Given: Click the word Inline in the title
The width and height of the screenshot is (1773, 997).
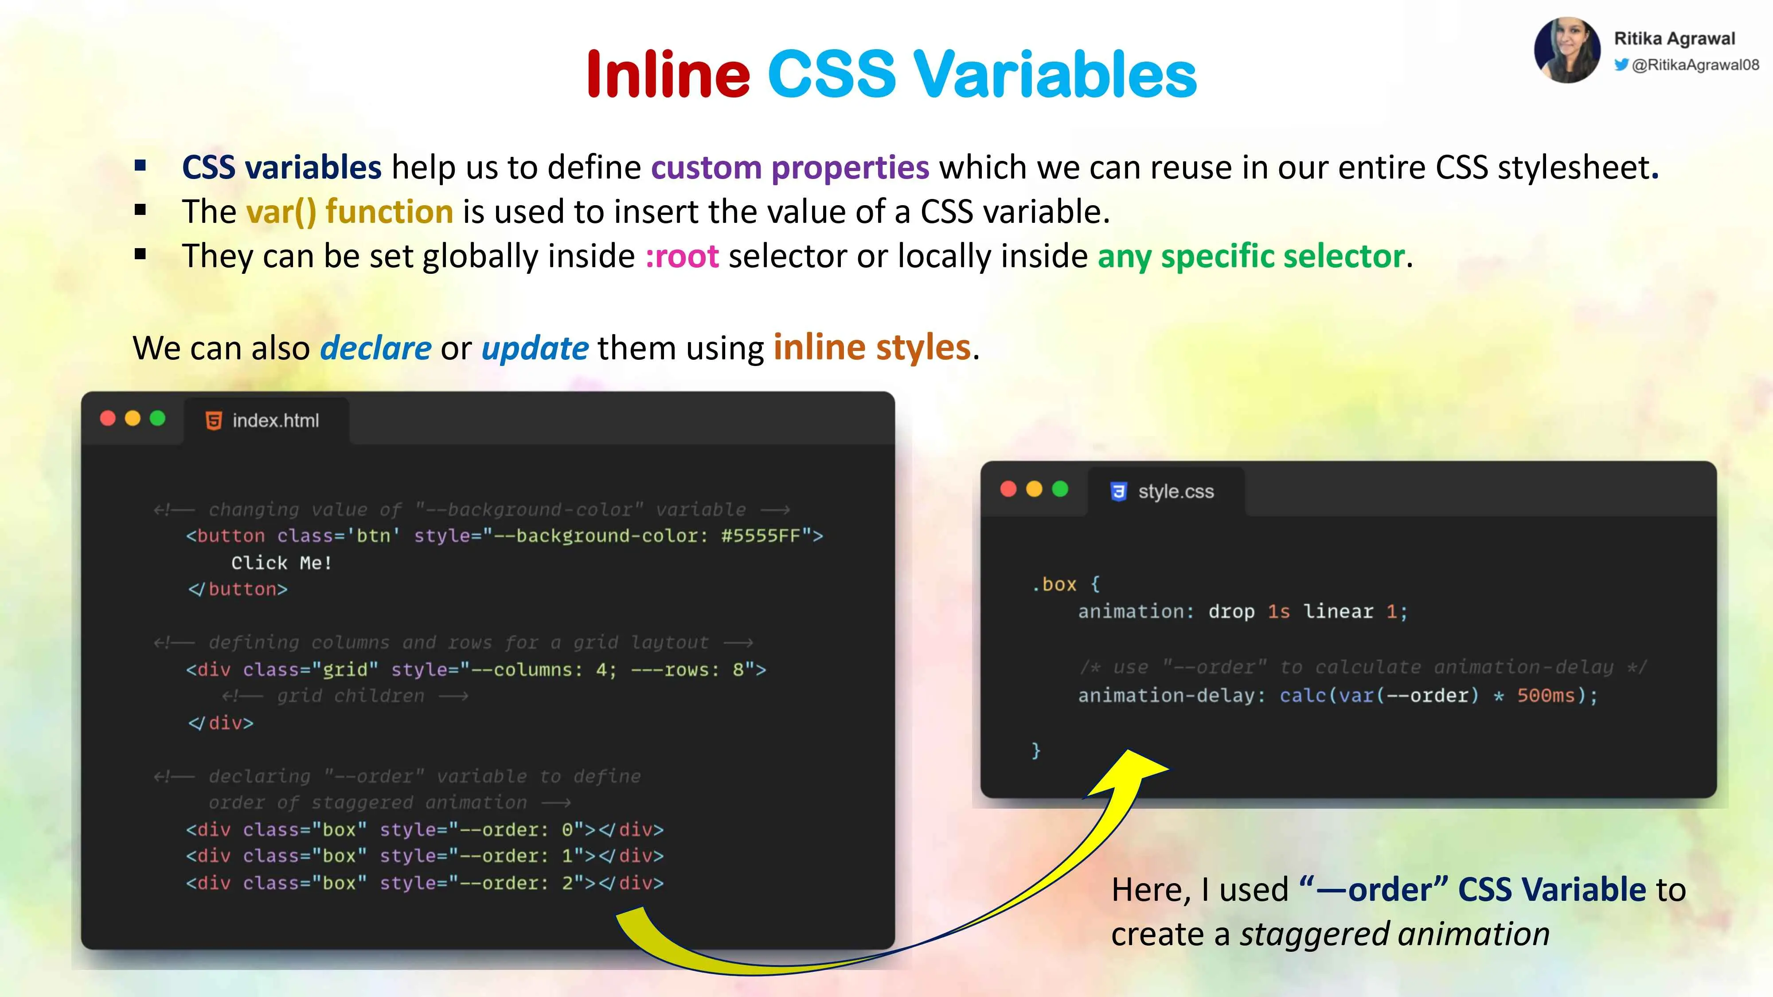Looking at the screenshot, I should [668, 74].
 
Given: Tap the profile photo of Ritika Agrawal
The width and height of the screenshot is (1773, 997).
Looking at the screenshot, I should [1567, 50].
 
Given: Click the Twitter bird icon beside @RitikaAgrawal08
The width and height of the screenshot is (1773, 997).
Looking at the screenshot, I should [1621, 65].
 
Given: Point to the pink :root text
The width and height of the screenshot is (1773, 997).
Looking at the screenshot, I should [682, 256].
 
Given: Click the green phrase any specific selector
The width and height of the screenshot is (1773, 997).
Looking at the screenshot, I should [1250, 256].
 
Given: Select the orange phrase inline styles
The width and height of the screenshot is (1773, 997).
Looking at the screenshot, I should [872, 347].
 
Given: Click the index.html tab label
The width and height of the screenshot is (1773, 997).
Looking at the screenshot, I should [275, 421].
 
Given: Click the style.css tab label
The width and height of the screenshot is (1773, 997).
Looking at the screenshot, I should [1175, 491].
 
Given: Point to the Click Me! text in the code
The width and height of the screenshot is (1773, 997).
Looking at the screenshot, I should [281, 563].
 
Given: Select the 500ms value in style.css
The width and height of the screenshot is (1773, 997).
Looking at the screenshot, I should [1546, 696].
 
